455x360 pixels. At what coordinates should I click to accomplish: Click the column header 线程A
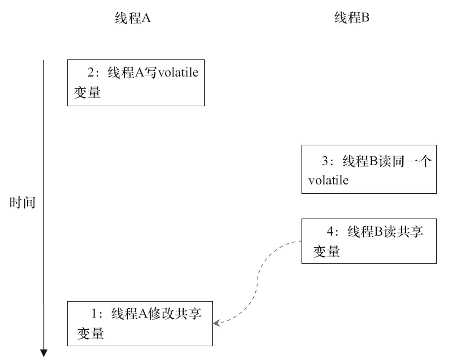131,18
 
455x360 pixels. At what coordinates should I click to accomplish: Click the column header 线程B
352,18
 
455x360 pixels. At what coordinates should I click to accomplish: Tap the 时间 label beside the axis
23,203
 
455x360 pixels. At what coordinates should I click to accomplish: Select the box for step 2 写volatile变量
135,83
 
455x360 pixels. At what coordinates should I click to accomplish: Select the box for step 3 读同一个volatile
369,170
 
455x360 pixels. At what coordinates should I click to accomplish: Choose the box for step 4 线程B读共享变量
369,241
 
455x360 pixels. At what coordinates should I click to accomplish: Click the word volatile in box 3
328,181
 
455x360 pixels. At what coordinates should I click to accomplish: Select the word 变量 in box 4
326,252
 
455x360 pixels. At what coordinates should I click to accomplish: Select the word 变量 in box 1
91,334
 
